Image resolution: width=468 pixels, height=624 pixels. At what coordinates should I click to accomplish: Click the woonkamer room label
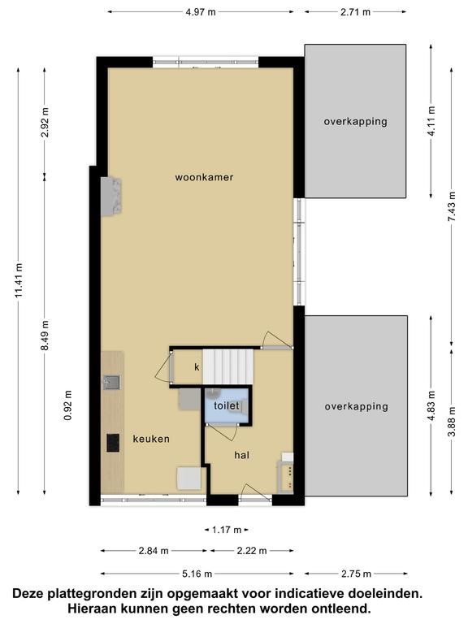[204, 177]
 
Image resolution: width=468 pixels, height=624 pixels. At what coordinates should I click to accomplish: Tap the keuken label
[151, 439]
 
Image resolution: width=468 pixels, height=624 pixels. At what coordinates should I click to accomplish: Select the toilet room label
[227, 405]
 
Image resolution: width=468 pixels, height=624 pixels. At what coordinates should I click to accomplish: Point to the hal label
[241, 455]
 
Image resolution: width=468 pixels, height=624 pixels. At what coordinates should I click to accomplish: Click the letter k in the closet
[197, 367]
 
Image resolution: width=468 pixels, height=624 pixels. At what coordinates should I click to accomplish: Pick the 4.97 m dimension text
[201, 12]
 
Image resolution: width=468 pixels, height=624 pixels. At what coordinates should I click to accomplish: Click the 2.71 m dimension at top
[355, 12]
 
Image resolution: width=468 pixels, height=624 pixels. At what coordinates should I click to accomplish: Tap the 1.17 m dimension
[227, 530]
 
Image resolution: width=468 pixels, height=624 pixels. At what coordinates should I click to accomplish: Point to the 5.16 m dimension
[197, 574]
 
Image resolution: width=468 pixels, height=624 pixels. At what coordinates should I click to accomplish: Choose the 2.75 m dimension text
[356, 574]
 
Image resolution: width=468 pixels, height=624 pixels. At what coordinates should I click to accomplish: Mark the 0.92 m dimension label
[68, 405]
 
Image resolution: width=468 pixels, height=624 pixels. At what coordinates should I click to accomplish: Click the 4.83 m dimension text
[431, 406]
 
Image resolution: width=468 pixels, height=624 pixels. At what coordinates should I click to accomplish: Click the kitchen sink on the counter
[112, 383]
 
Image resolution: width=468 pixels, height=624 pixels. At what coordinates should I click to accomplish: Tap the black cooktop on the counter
[113, 443]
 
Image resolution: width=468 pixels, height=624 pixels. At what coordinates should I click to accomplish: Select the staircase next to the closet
[228, 367]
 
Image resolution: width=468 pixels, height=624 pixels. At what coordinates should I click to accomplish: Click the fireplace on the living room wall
[111, 197]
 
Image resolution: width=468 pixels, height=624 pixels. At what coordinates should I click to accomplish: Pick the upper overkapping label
[355, 121]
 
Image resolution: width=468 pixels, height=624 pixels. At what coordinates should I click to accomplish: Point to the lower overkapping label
[356, 406]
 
